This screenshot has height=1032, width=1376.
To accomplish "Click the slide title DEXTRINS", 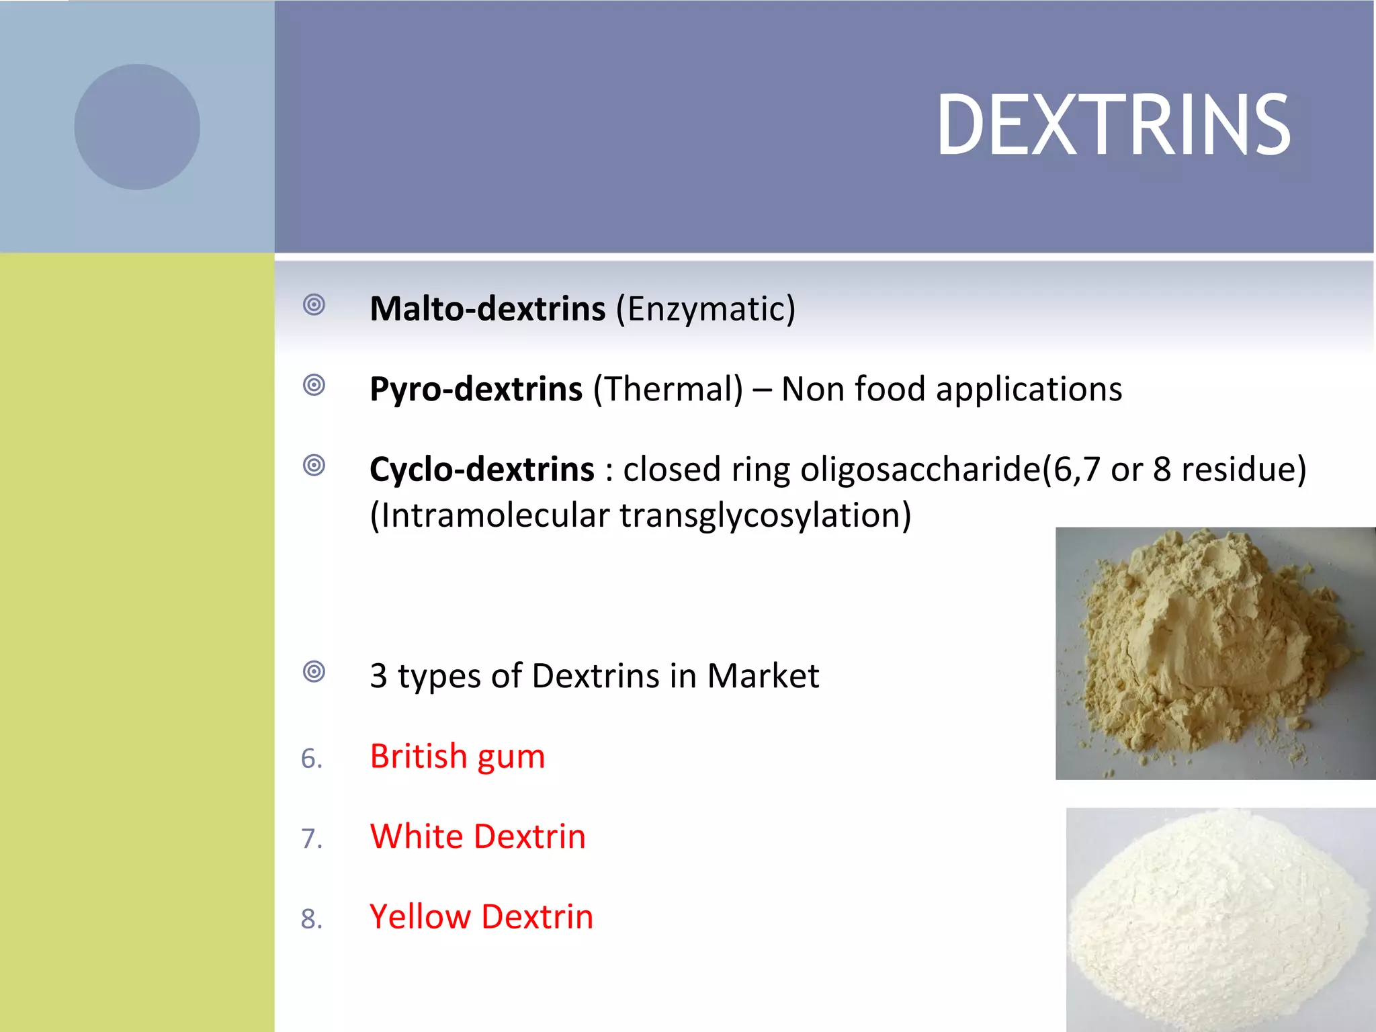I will tap(1113, 126).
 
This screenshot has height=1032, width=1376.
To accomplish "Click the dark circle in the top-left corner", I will tap(137, 127).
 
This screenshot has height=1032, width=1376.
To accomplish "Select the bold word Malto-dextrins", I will tap(488, 309).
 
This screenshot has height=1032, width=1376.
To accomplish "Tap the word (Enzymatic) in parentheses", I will tap(705, 309).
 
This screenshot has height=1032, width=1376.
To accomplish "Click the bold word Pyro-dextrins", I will tap(476, 389).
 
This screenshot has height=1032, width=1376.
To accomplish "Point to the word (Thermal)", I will tap(668, 389).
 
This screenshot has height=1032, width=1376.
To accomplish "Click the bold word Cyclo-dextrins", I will tap(482, 469).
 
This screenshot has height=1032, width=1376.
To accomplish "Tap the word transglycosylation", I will tap(759, 515).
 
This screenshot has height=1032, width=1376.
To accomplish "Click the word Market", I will tap(763, 675).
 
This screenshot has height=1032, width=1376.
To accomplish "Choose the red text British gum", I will tap(457, 757).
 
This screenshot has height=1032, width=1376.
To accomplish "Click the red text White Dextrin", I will tap(478, 836).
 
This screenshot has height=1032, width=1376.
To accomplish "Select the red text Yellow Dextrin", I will tap(481, 916).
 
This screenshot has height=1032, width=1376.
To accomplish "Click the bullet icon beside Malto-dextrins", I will tap(314, 305).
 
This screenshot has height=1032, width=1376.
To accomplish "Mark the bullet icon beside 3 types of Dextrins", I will tap(314, 671).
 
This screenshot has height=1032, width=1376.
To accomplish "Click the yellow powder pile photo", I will tap(1215, 653).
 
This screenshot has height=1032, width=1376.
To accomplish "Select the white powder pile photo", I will tap(1220, 919).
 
